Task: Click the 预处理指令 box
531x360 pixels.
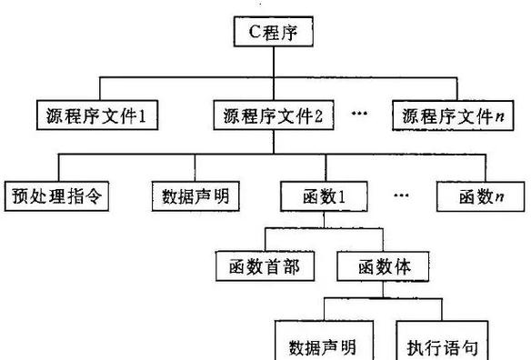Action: point(60,195)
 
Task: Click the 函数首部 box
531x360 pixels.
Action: point(266,266)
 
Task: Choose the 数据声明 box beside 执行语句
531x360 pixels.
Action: point(322,346)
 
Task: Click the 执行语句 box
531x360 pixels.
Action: point(441,346)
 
